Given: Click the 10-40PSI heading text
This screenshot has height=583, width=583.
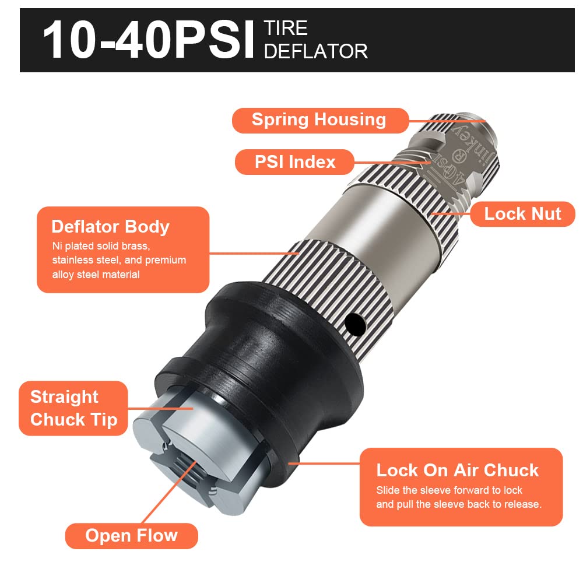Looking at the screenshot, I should coord(149,40).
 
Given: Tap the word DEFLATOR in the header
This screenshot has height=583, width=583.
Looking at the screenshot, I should coord(315,51).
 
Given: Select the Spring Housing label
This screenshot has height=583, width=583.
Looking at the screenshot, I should coord(319,120).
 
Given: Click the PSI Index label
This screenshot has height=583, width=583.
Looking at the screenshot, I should coord(295,161).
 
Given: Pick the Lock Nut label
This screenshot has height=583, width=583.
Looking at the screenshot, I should coord(522,214).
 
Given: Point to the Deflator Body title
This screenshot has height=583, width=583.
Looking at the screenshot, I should coord(110,227).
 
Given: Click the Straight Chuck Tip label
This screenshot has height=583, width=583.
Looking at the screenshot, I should coord(73,408).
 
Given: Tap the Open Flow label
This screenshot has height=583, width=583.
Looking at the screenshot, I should coord(131,535).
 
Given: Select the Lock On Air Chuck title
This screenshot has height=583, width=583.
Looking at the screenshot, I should coord(457,470).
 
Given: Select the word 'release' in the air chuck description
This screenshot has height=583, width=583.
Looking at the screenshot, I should coord(521,504).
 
